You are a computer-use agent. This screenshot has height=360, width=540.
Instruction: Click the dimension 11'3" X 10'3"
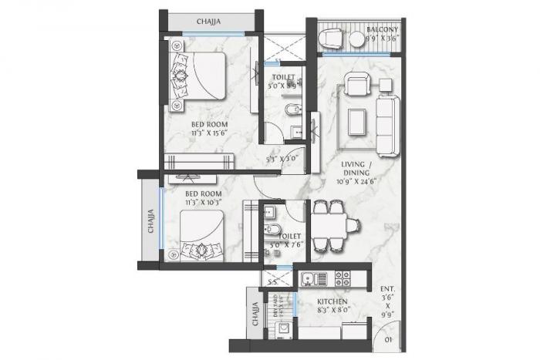pyautogui.click(x=204, y=202)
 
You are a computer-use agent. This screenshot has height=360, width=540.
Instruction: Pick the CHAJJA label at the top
pyautogui.click(x=208, y=22)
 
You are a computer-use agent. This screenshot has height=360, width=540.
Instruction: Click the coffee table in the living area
pyautogui.click(x=357, y=121)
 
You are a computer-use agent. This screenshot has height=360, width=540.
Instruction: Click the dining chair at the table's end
pyautogui.click(x=353, y=224)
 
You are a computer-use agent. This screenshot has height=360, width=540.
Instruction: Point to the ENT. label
pyautogui.click(x=387, y=285)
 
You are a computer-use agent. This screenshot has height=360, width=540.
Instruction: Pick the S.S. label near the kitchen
pyautogui.click(x=270, y=282)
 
